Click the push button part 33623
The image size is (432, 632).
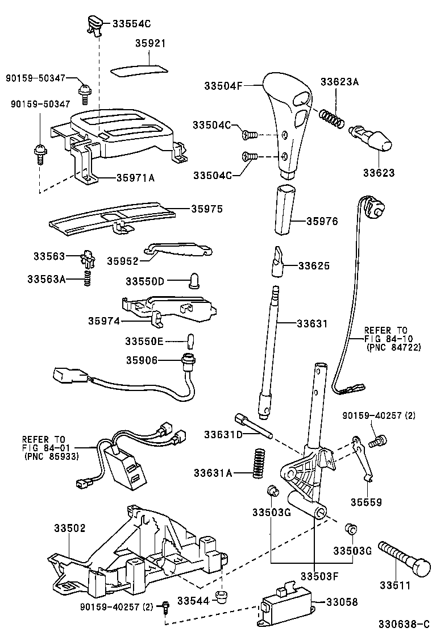point(372,138)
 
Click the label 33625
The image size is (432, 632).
point(314,265)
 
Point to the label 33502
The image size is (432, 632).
point(69,528)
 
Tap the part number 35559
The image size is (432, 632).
point(365,502)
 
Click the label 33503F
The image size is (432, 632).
point(319,576)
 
